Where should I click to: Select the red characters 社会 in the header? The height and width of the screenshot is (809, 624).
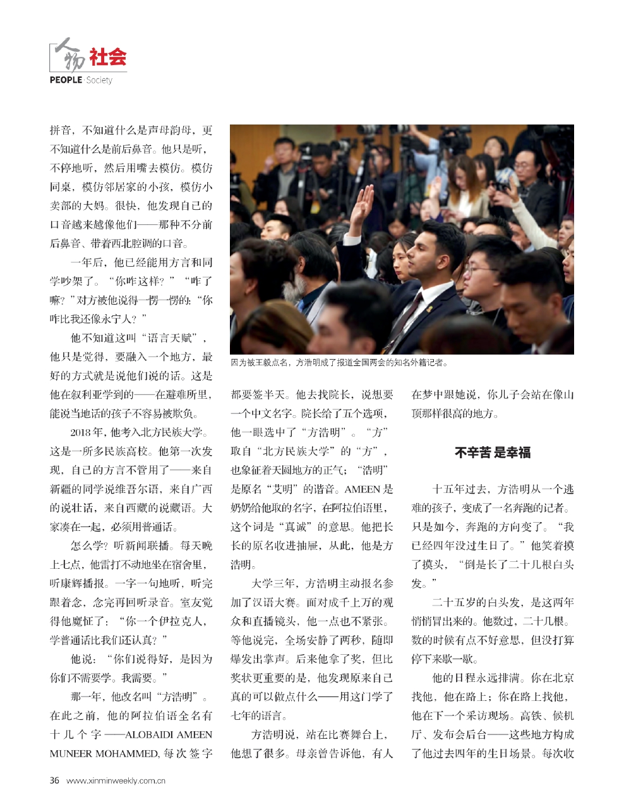click(107, 58)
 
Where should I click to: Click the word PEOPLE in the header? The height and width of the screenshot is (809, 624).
click(66, 80)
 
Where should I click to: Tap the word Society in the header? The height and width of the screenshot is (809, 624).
click(99, 80)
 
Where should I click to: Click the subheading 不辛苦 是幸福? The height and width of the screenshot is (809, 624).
click(492, 452)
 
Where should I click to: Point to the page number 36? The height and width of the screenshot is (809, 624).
click(54, 780)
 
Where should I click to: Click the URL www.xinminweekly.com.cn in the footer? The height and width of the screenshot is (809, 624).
click(116, 781)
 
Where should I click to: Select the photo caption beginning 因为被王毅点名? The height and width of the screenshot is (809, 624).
click(339, 363)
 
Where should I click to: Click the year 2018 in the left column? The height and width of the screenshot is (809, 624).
click(81, 432)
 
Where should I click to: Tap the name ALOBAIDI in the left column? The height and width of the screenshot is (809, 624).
click(151, 734)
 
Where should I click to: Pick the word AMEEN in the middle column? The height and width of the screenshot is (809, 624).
click(362, 489)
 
